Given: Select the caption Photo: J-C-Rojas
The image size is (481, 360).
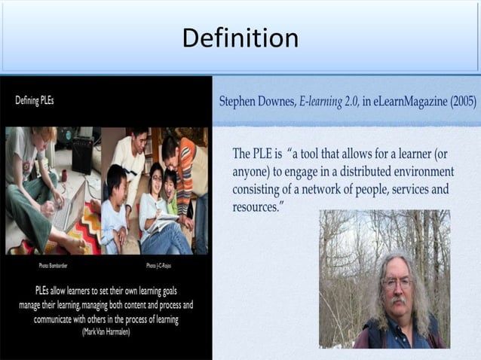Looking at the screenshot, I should pyautogui.click(x=159, y=266).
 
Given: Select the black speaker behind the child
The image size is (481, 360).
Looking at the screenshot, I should pyautogui.click(x=82, y=154).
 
